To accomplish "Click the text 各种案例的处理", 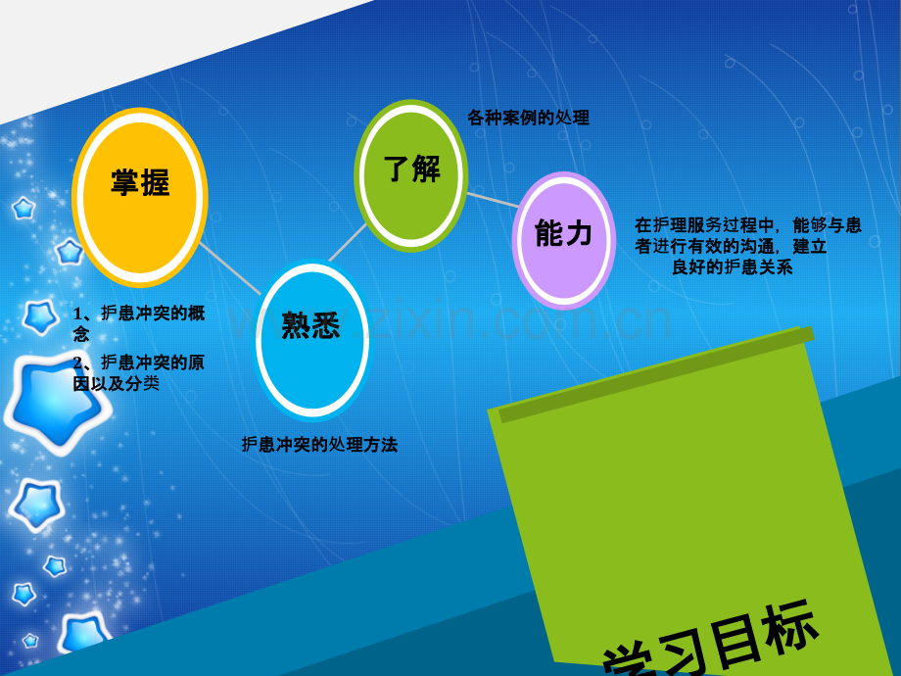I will [529, 119].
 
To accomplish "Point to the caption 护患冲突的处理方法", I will [319, 445].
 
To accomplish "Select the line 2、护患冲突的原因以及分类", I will [138, 373].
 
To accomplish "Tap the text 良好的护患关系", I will [733, 266].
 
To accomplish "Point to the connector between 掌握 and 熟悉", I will [231, 269].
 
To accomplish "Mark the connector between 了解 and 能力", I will [493, 200].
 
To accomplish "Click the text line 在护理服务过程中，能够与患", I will [748, 226].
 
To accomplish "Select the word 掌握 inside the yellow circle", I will [140, 183].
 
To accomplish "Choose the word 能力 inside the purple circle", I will [564, 233].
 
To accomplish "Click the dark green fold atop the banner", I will [656, 373].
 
